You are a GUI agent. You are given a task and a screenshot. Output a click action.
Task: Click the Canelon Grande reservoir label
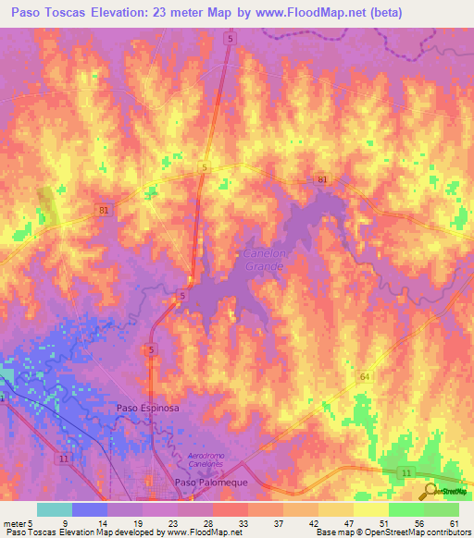coord(264,259)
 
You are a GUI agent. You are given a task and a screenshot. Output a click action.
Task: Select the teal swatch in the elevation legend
coord(54,509)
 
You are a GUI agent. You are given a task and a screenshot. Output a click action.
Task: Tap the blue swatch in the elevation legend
coord(89,509)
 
